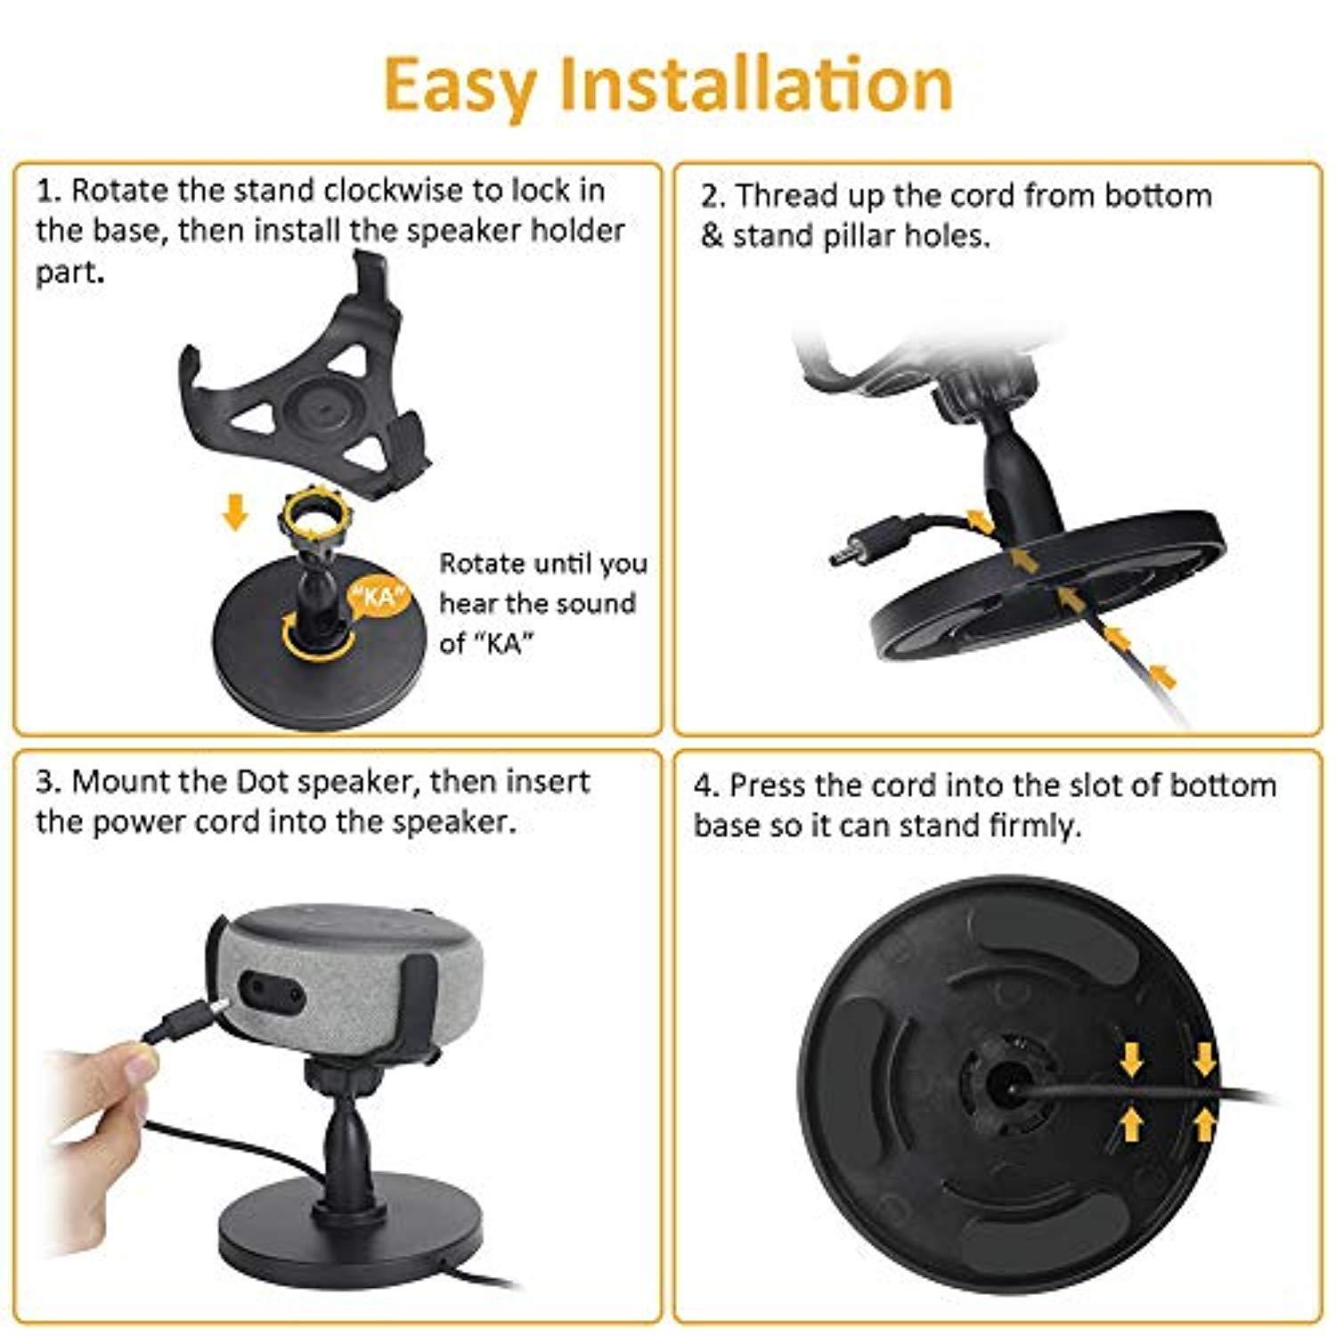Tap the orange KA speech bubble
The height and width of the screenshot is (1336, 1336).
(x=380, y=595)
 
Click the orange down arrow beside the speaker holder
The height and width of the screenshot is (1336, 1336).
(x=235, y=513)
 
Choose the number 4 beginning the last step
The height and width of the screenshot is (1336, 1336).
(x=705, y=786)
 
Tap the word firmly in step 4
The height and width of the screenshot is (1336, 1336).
(x=1036, y=826)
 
